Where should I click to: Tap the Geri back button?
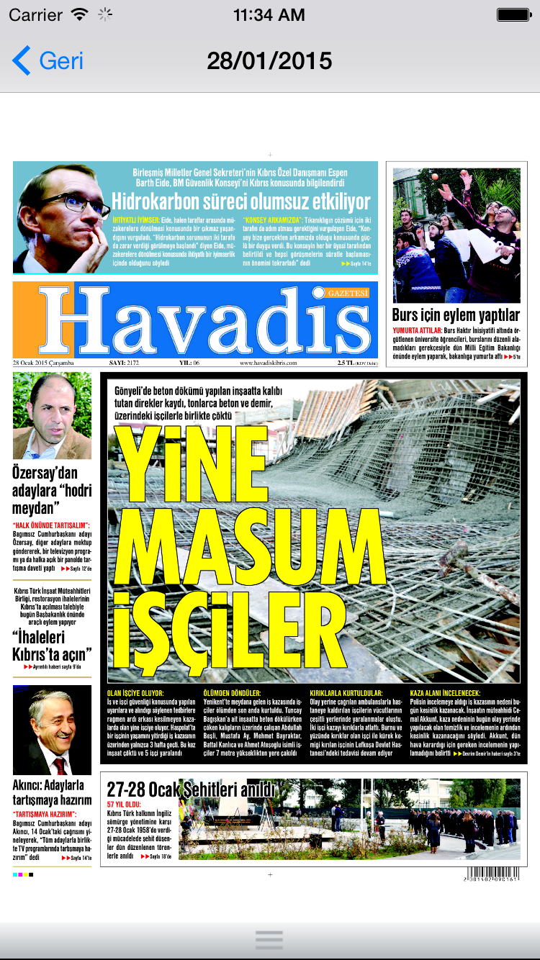coord(48,60)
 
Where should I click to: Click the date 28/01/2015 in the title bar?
coord(269,60)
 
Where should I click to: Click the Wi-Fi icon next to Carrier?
coord(80,14)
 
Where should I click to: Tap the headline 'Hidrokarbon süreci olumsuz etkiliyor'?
coord(240,202)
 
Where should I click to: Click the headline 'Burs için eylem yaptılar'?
coord(456,315)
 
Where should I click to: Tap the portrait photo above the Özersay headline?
coord(52,415)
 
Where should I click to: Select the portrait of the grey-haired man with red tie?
coord(52,730)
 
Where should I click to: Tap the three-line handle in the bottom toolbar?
coord(269,939)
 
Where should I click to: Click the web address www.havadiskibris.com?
coord(269,363)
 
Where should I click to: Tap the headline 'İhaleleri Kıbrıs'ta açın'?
coord(52,646)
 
